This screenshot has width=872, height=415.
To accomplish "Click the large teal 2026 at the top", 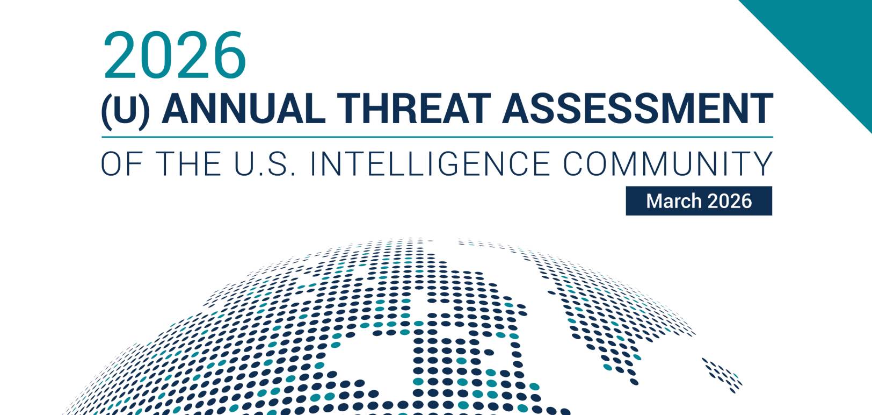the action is pos(175,55).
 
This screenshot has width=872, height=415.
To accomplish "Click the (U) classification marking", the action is pos(125,111).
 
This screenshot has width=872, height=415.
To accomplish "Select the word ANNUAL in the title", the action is pos(243,109).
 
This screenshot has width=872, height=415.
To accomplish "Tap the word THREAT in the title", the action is pos(413,109).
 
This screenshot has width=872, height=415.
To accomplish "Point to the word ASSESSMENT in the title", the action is pos(637,109).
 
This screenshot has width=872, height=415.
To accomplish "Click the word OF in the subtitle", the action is pos(121,163).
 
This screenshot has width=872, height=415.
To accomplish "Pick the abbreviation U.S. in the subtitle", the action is pos(265,163).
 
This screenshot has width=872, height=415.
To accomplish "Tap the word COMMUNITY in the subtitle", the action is pos(668,163).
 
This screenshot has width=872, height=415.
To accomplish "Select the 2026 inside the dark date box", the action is pos(730,201).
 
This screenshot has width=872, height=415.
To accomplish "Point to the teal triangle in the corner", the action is pos(829,43).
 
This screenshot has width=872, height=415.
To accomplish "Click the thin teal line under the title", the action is pos(437,137).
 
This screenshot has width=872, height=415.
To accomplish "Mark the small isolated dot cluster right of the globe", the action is pos(723,375).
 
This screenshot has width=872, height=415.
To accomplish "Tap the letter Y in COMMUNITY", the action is pos(761,163).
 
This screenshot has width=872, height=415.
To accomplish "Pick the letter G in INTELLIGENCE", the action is pos(450,163).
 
